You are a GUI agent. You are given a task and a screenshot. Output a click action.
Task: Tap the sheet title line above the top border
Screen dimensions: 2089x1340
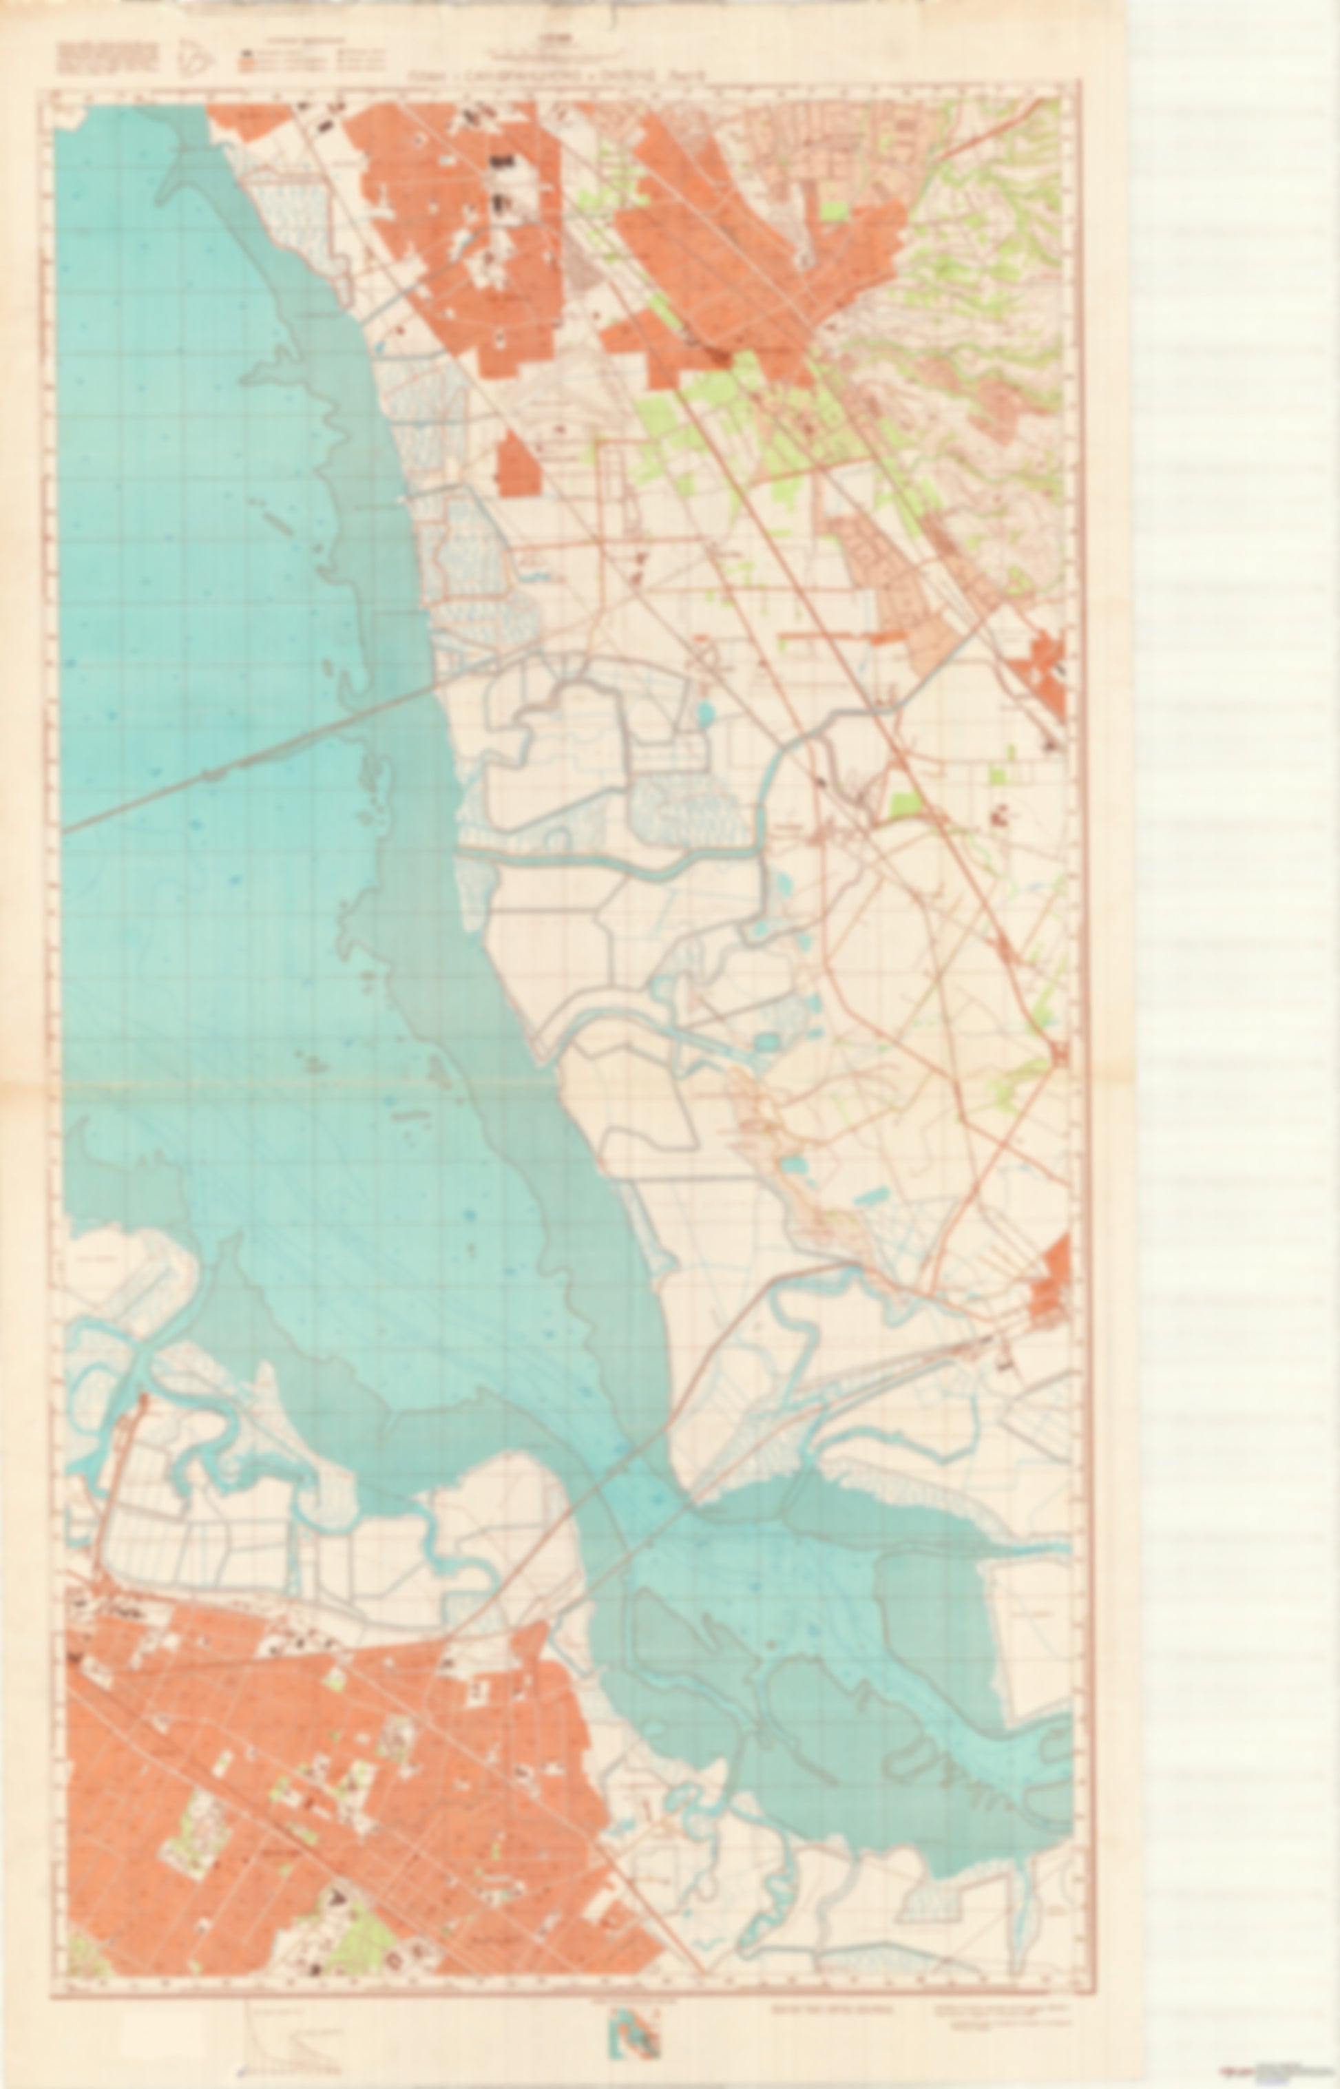(x=557, y=76)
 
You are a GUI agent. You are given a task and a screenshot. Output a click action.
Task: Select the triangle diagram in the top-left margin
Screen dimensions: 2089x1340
(x=195, y=59)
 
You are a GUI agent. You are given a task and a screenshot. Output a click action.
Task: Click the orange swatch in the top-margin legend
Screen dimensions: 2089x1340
(x=247, y=61)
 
